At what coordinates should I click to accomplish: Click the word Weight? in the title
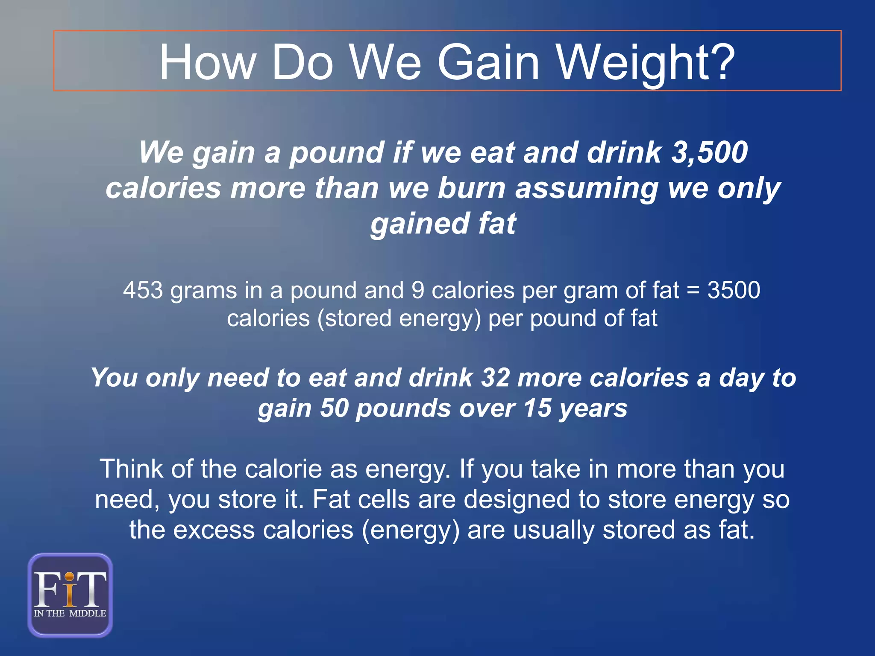[x=646, y=63]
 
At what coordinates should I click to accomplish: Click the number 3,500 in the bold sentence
[x=710, y=152]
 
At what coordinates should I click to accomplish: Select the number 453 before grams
[x=143, y=290]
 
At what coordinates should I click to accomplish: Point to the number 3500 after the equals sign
[x=734, y=290]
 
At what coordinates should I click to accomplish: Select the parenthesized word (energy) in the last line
[x=411, y=530]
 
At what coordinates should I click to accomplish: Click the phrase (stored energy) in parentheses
[x=399, y=318]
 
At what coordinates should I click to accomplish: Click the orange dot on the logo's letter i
[x=70, y=577]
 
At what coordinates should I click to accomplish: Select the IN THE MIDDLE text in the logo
[x=70, y=613]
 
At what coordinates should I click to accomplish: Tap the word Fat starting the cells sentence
[x=331, y=499]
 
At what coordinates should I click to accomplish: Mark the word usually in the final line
[x=554, y=530]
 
